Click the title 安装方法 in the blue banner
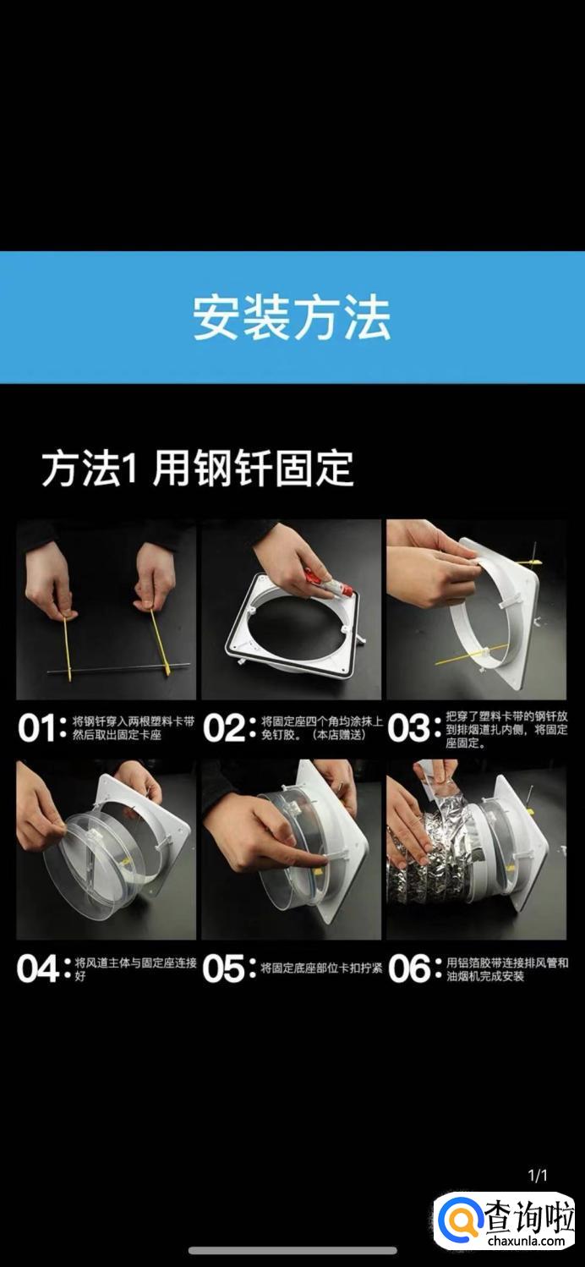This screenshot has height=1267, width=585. pos(292,317)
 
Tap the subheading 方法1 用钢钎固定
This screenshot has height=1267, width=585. pos(198,469)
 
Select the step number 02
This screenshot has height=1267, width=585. pos(222,728)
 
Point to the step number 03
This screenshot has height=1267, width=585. pos(407,728)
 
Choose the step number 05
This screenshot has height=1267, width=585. pos(222,968)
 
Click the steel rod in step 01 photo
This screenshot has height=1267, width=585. pos(118,669)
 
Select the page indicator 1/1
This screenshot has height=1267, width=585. pos(538,1176)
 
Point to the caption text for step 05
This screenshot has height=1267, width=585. pos(321,968)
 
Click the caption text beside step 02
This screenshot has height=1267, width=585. pos(321,728)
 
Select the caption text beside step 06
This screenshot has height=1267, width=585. pos(507,969)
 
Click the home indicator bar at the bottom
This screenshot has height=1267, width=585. pos(292,1250)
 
